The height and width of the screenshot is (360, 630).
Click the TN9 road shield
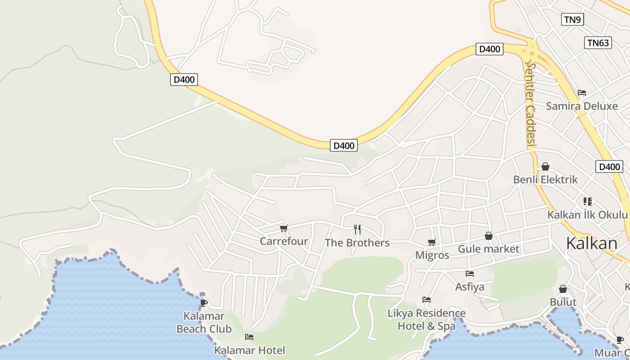point(573,19)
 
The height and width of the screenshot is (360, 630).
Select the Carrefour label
point(283,241)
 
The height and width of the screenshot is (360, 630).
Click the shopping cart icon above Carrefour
point(283,229)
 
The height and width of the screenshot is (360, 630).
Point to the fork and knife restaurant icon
point(357,229)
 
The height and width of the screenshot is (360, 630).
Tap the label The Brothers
point(357,243)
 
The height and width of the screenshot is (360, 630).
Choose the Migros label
point(432,256)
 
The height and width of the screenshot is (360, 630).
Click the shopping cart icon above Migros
point(432,243)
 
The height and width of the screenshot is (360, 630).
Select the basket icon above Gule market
point(489,236)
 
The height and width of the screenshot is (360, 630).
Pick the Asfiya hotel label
point(470,287)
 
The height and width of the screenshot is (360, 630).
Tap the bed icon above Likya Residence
point(427,299)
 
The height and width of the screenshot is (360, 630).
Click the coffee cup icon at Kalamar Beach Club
point(204,303)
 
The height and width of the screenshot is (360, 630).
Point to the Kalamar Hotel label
point(249,350)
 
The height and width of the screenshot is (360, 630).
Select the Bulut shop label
point(563,302)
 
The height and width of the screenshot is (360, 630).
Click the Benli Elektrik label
point(545,180)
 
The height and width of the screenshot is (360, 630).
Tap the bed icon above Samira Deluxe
point(582,93)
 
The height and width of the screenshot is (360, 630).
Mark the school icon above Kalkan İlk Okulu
point(587,201)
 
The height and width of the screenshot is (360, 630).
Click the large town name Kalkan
point(591,243)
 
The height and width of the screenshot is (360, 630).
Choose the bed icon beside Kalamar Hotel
point(249,337)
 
